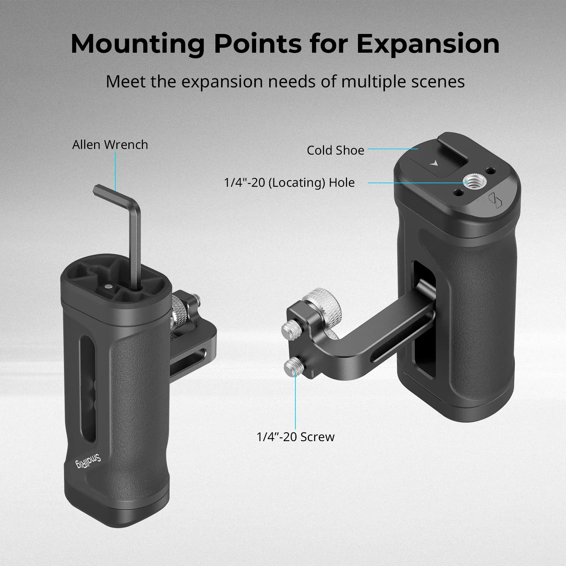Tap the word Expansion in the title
423,44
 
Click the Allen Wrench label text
110,145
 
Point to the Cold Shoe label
335,150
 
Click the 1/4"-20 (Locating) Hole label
289,183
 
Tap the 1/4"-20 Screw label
295,437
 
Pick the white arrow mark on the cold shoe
433,163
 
